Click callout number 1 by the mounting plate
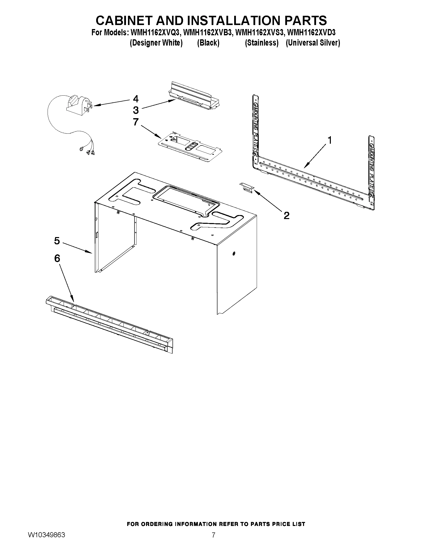coord(329,140)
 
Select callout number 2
coord(286,216)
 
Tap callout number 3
coord(136,110)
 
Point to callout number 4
coord(136,99)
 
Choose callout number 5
coord(57,241)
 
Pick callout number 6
coord(57,258)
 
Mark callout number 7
coord(136,122)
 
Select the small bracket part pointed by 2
coord(247,188)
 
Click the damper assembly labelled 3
coord(194,97)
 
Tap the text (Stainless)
coord(261,43)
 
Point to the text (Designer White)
coord(156,43)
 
